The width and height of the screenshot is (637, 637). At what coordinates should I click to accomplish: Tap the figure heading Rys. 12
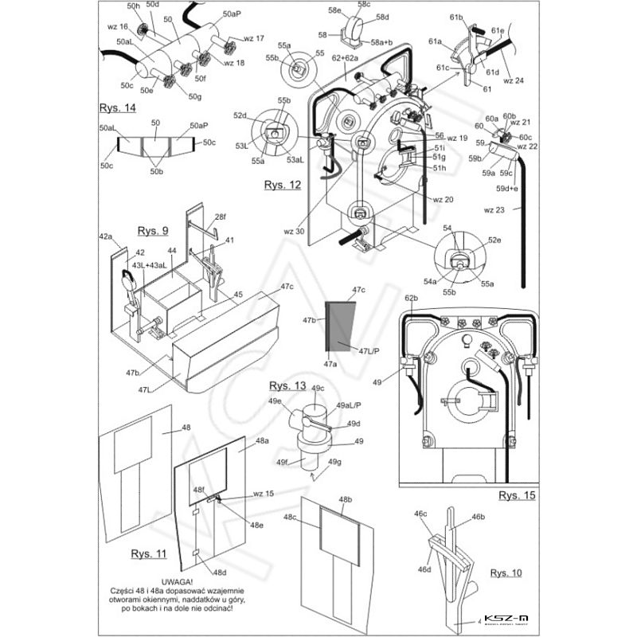coord(283,185)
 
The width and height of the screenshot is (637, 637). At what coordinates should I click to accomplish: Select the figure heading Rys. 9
coord(152,232)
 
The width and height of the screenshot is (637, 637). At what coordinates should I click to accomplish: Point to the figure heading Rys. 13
coord(287,385)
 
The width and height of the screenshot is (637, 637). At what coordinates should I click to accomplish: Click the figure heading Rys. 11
coord(149,553)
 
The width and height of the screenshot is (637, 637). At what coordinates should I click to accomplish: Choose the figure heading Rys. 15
coord(517,495)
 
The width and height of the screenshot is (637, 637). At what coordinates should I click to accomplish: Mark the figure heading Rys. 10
coord(507,573)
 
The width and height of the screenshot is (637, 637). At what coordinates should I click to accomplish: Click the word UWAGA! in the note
coord(177,582)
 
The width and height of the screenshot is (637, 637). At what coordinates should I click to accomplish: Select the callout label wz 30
coord(295,232)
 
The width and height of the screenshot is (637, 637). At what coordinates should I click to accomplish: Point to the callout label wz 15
coord(264,494)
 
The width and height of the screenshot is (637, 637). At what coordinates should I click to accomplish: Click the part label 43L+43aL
coord(150,265)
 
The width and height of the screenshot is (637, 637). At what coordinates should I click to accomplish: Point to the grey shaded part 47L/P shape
coord(339,326)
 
